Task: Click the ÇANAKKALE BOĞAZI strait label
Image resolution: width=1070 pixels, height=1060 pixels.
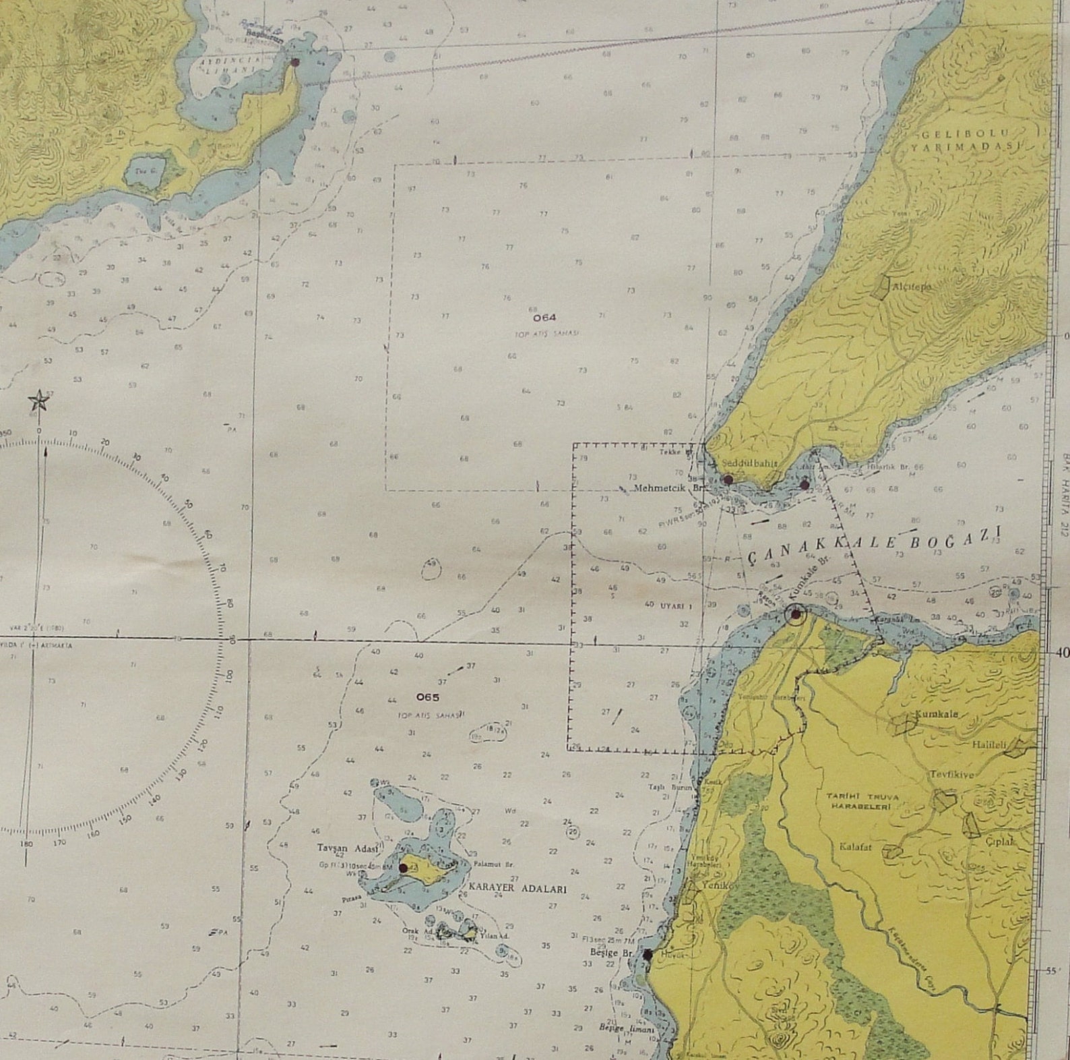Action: point(874,544)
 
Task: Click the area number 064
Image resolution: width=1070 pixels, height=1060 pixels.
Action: point(544,317)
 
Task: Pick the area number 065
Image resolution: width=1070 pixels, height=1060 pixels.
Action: point(428,697)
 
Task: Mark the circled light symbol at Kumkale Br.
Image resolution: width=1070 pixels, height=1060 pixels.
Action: point(796,614)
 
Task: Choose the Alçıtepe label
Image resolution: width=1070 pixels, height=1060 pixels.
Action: point(911,287)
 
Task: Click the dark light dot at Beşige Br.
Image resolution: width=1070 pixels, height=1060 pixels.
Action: point(648,955)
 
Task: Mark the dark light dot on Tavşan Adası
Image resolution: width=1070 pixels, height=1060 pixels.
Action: point(403,868)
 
